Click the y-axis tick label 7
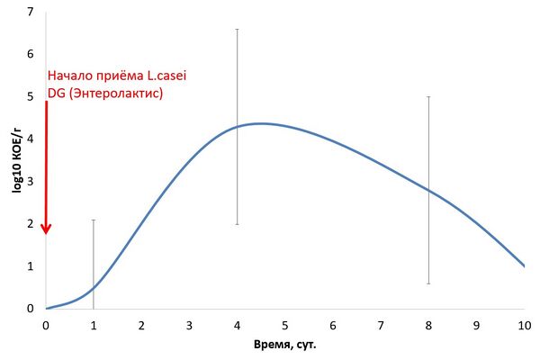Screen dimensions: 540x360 click(31, 12)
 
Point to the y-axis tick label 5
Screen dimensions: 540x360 click(31, 96)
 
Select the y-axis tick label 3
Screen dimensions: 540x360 click(31, 181)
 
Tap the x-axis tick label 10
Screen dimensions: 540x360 click(525, 326)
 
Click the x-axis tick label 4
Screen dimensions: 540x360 click(237, 326)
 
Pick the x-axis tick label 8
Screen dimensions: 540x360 click(428, 326)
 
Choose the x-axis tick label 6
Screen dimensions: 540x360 click(333, 326)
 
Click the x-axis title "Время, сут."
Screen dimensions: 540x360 click(284, 345)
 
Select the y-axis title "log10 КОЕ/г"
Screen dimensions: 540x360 click(16, 160)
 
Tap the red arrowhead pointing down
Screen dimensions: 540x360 click(46, 229)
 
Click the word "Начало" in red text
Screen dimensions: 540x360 click(70, 76)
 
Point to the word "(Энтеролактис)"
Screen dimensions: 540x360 click(116, 94)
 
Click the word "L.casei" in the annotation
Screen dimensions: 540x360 click(167, 76)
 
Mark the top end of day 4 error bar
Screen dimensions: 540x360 click(237, 30)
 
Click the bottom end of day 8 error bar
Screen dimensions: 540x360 click(428, 283)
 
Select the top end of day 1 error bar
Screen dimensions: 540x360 click(94, 220)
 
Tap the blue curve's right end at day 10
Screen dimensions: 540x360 click(524, 266)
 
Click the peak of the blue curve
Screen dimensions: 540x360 click(261, 123)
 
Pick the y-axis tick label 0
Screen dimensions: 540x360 click(31, 309)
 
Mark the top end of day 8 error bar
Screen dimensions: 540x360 click(428, 97)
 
